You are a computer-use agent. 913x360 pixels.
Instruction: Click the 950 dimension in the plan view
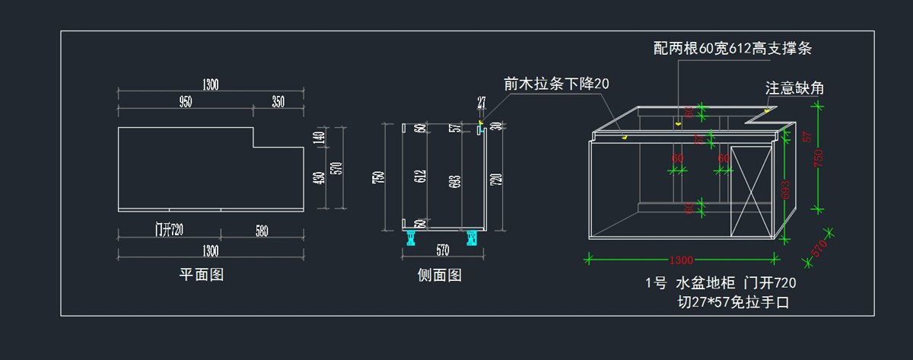click(186, 102)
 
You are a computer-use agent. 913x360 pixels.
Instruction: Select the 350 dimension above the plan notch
click(277, 102)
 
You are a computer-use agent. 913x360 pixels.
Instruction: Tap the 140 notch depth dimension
click(320, 138)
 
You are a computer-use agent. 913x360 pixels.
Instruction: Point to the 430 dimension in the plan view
click(320, 178)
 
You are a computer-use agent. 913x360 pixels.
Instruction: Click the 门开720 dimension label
click(170, 231)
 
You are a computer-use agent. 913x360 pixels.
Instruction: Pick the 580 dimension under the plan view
click(262, 231)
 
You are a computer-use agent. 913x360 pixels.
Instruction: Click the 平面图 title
click(201, 274)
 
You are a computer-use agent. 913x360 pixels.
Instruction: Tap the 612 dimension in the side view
click(421, 177)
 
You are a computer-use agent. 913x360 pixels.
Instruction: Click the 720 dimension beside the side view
click(495, 180)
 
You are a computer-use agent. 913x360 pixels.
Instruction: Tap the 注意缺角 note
click(794, 88)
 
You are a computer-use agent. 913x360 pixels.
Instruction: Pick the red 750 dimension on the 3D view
click(819, 158)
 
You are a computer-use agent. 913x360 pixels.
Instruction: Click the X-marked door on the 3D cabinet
click(751, 190)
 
